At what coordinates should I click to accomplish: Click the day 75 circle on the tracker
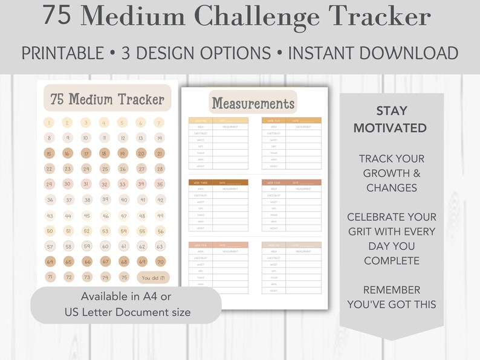pyautogui.click(x=124, y=277)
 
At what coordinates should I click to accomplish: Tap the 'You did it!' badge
pyautogui.click(x=153, y=278)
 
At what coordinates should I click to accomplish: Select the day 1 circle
pyautogui.click(x=50, y=123)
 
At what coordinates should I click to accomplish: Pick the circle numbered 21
pyautogui.click(x=160, y=153)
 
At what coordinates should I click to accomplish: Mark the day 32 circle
pyautogui.click(x=105, y=184)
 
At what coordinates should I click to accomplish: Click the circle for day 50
pyautogui.click(x=50, y=231)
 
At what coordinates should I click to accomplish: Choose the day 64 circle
pyautogui.click(x=50, y=262)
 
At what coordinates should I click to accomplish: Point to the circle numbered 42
pyautogui.click(x=160, y=200)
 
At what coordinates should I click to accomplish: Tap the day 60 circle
pyautogui.click(x=105, y=246)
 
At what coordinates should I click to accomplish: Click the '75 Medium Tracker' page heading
pyautogui.click(x=108, y=99)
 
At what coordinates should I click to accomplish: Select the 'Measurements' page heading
pyautogui.click(x=253, y=103)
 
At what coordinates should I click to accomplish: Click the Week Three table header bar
pyautogui.click(x=218, y=182)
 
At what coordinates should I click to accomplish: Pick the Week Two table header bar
pyautogui.click(x=291, y=120)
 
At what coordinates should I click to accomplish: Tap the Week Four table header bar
pyautogui.click(x=291, y=182)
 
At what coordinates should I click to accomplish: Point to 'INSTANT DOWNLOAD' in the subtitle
pyautogui.click(x=373, y=53)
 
